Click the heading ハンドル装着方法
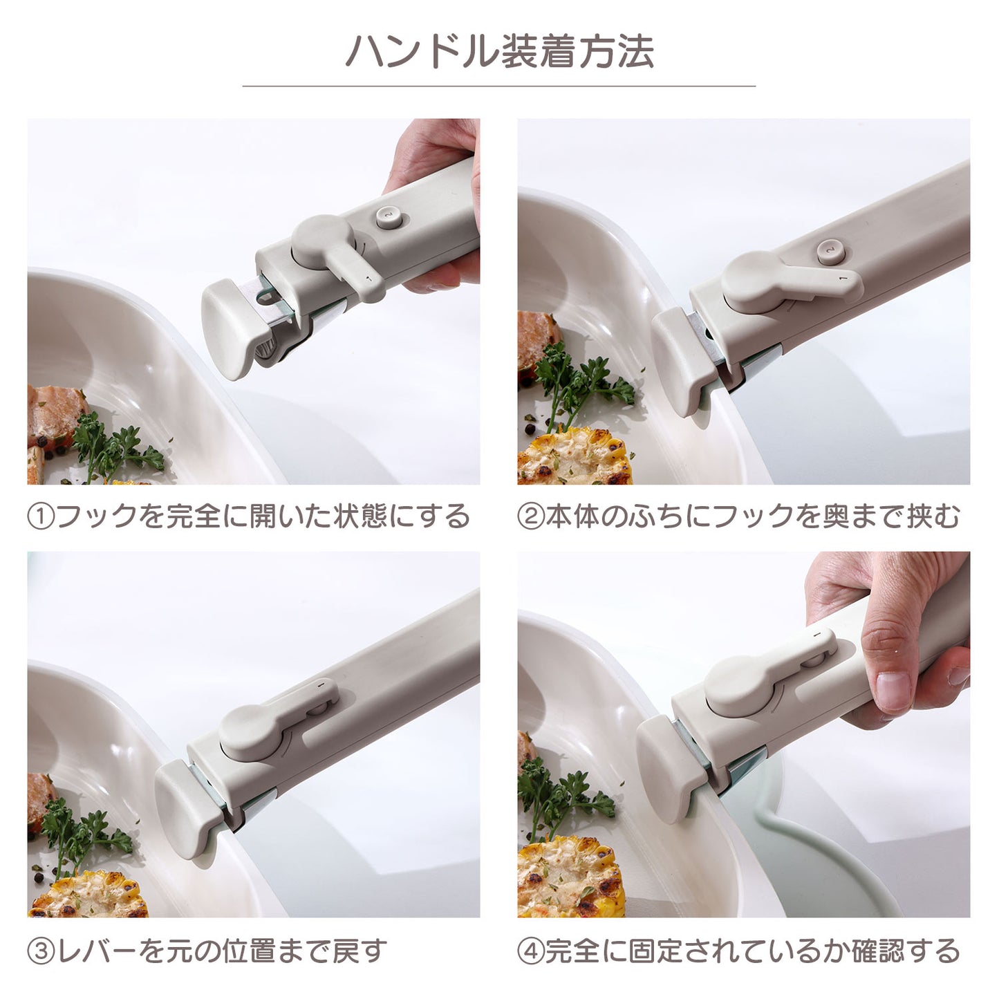point(499,52)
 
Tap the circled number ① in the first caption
point(40,517)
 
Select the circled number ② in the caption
point(530,517)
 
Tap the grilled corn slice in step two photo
point(575,456)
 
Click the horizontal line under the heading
point(499,86)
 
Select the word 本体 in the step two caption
point(572,517)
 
